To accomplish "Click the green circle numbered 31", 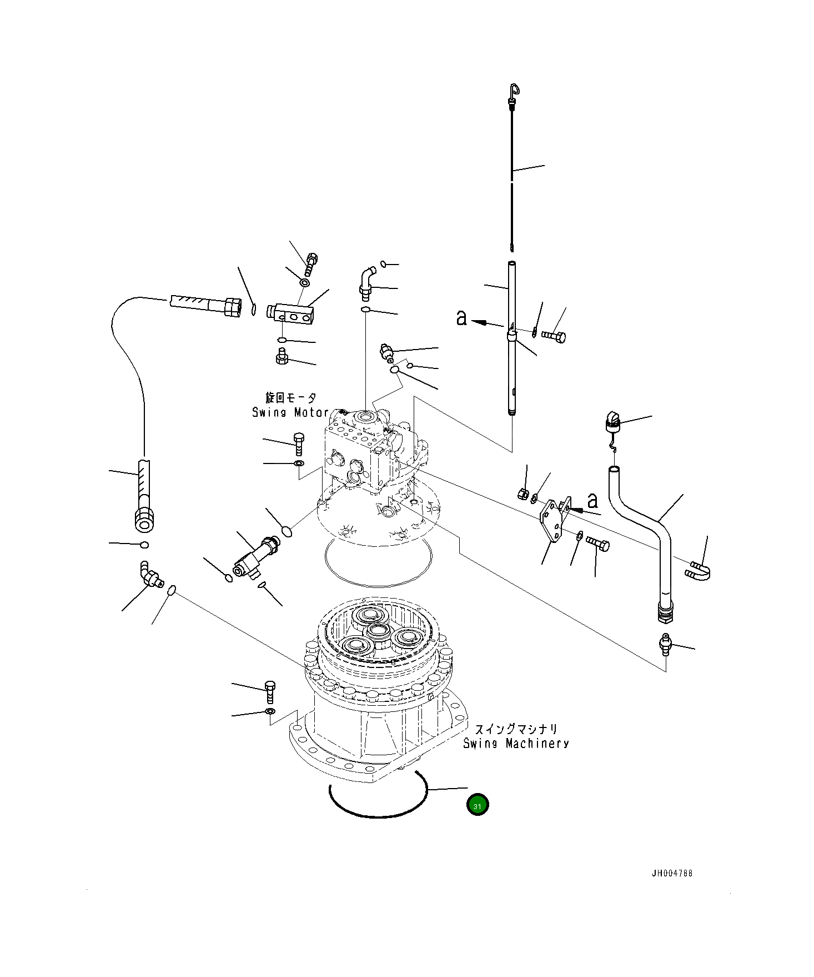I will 478,805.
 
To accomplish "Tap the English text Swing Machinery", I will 516,743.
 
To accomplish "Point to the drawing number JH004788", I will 672,874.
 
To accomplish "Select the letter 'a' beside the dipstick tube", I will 461,318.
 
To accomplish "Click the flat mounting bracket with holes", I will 552,523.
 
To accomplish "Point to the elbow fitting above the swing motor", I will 366,281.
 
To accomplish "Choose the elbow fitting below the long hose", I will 149,575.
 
